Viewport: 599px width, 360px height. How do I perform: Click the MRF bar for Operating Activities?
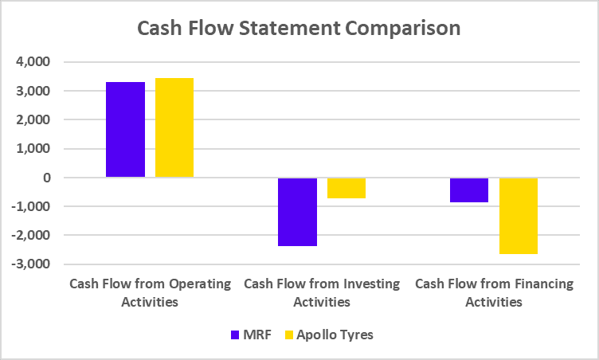tap(126, 129)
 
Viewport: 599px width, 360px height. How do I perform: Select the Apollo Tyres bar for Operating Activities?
tap(174, 127)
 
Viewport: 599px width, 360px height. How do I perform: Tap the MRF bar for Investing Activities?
tap(297, 212)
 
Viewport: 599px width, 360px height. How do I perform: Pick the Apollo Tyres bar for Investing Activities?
tap(346, 188)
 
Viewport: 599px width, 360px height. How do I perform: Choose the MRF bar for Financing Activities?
tap(469, 190)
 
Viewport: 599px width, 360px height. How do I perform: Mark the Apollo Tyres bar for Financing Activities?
tap(519, 216)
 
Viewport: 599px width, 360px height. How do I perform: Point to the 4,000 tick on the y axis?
tap(33, 62)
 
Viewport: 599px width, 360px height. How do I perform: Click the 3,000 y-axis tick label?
tap(33, 91)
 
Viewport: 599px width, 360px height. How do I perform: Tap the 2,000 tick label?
tap(33, 119)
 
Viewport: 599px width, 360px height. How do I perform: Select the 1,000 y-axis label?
tap(33, 149)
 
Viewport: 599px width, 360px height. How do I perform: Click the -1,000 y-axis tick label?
tap(30, 206)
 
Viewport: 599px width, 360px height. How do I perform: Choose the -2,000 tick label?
tap(30, 235)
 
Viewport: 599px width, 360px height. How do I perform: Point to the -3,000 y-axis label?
tap(30, 264)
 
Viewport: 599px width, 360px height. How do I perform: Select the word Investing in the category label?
tap(374, 284)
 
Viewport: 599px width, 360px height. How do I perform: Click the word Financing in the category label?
tap(546, 284)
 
